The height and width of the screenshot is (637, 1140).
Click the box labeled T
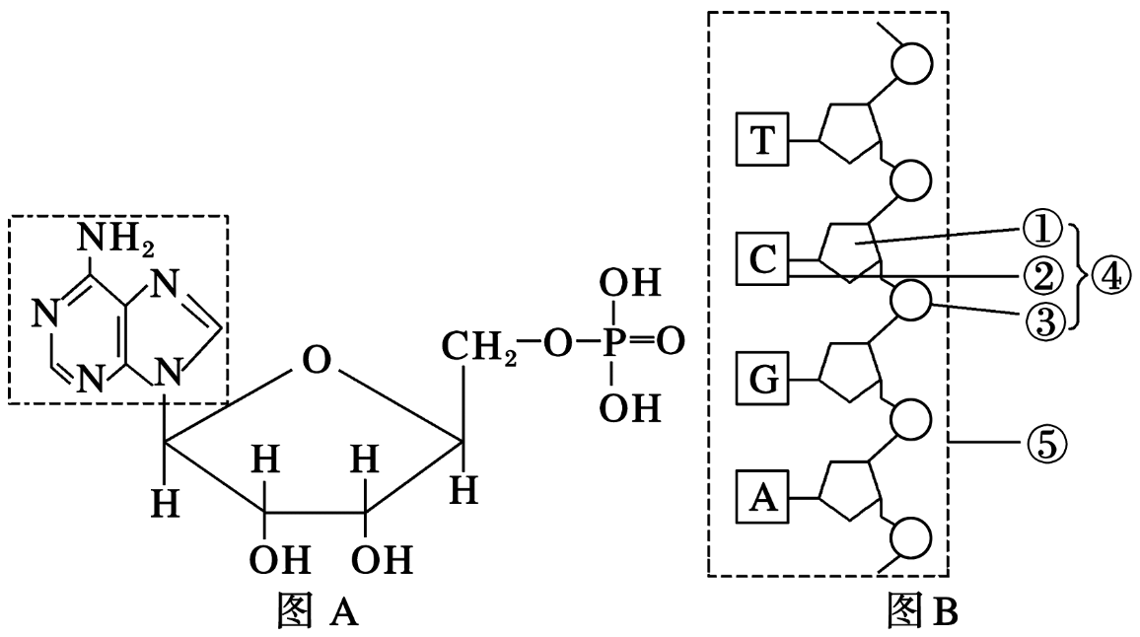pyautogui.click(x=762, y=140)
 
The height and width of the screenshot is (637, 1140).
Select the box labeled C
pyautogui.click(x=762, y=259)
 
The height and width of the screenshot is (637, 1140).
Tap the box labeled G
pyautogui.click(x=762, y=379)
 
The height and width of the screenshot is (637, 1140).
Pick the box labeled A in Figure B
pyautogui.click(x=762, y=498)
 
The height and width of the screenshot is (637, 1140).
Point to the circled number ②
pyautogui.click(x=1043, y=276)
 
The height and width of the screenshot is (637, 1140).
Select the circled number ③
pyautogui.click(x=1043, y=320)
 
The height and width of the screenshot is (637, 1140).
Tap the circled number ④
pyautogui.click(x=1111, y=276)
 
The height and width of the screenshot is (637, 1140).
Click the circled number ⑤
pyautogui.click(x=1045, y=442)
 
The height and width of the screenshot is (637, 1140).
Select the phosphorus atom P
pyautogui.click(x=612, y=342)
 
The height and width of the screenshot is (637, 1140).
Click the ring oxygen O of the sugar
pyautogui.click(x=317, y=360)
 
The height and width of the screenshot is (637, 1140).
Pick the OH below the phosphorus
pyautogui.click(x=629, y=407)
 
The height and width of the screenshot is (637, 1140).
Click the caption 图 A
pyautogui.click(x=318, y=609)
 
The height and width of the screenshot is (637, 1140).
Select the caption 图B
pyautogui.click(x=922, y=609)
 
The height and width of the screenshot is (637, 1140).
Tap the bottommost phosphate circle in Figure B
pyautogui.click(x=912, y=538)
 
